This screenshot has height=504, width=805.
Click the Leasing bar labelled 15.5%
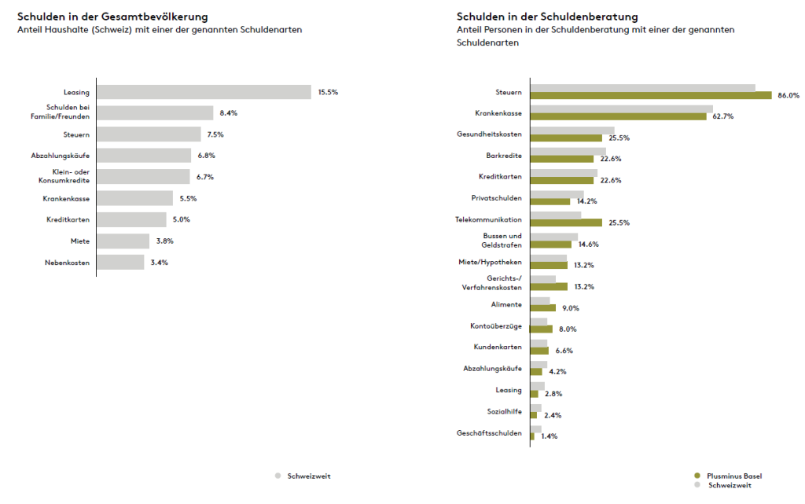pyautogui.click(x=204, y=92)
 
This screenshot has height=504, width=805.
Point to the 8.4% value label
pyautogui.click(x=228, y=113)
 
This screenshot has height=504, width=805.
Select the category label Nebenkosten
pyautogui.click(x=67, y=262)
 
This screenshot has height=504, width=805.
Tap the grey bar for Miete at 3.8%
pyautogui.click(x=123, y=241)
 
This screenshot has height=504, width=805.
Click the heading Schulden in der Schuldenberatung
pyautogui.click(x=547, y=16)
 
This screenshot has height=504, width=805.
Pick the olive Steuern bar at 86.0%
pyautogui.click(x=651, y=96)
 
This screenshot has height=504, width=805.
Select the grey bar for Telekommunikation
pyautogui.click(x=556, y=215)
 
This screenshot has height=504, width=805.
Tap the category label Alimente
pyautogui.click(x=505, y=304)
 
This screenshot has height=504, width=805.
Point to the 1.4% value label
pyautogui.click(x=549, y=436)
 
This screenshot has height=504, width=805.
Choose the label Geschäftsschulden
pyautogui.click(x=489, y=432)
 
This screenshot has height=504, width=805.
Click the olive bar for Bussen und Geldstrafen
pyautogui.click(x=551, y=245)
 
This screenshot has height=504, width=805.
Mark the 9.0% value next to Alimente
pyautogui.click(x=571, y=308)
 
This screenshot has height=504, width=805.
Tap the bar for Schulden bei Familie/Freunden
pyautogui.click(x=155, y=113)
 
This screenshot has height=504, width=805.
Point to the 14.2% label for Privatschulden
pyautogui.click(x=586, y=201)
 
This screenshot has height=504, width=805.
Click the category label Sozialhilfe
pyautogui.click(x=505, y=410)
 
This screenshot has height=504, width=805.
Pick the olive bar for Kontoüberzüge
pyautogui.click(x=542, y=329)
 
